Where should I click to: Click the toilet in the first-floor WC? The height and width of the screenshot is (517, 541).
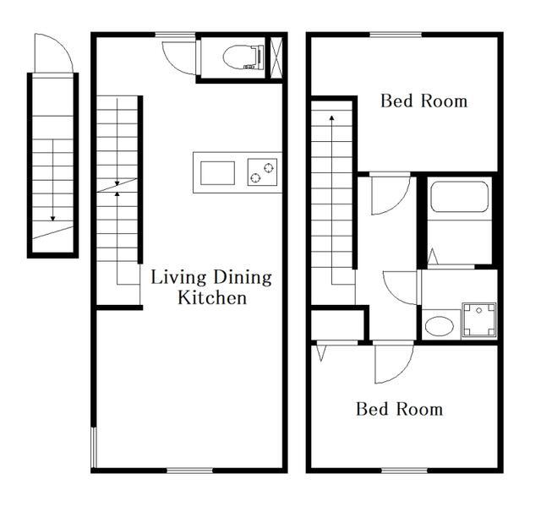coord(243,57)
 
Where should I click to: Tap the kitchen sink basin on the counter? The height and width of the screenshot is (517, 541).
coord(218,173)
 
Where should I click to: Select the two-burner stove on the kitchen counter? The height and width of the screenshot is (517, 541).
coord(262,172)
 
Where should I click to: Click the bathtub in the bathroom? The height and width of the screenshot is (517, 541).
coord(460,197)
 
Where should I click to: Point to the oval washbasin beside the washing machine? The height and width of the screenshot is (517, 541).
coord(440,325)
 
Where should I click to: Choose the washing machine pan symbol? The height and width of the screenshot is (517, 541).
coord(479,320)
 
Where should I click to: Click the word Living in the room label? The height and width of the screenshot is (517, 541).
coord(178,278)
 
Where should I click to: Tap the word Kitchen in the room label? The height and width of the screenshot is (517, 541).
coord(212,298)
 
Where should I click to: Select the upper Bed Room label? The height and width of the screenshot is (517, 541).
coord(424,101)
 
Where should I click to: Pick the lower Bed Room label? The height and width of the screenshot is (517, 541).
coord(399,409)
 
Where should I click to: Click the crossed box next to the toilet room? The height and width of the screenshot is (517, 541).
coord(276,57)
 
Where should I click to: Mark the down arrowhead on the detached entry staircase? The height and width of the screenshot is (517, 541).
coord(52,218)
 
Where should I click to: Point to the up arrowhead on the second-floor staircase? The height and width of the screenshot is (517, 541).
coord(332,117)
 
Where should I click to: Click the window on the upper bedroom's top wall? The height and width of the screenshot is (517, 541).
coord(396,35)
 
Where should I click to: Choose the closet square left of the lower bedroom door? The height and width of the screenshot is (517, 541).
coord(338,325)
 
